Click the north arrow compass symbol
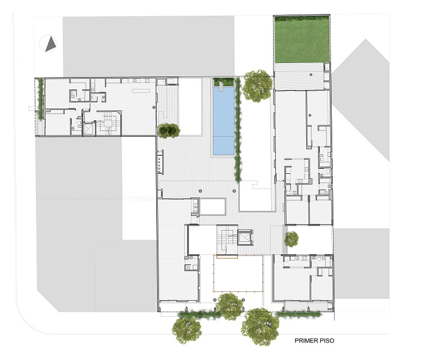tap(48, 44)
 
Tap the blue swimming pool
tap(224, 120)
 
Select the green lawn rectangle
tap(302, 39)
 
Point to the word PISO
tap(328, 340)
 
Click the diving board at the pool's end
tap(221, 87)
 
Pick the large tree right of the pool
tap(257, 85)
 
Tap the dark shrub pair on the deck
tap(169, 130)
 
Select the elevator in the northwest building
tap(89, 129)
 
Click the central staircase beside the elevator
tap(226, 240)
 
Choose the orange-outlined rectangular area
tap(238, 273)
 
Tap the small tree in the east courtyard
tap(292, 239)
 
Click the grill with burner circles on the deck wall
tap(160, 162)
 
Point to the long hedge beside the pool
tap(238, 130)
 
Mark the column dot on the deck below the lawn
tap(311, 74)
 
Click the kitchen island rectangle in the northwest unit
tap(140, 91)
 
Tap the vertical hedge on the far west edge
tap(41, 98)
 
